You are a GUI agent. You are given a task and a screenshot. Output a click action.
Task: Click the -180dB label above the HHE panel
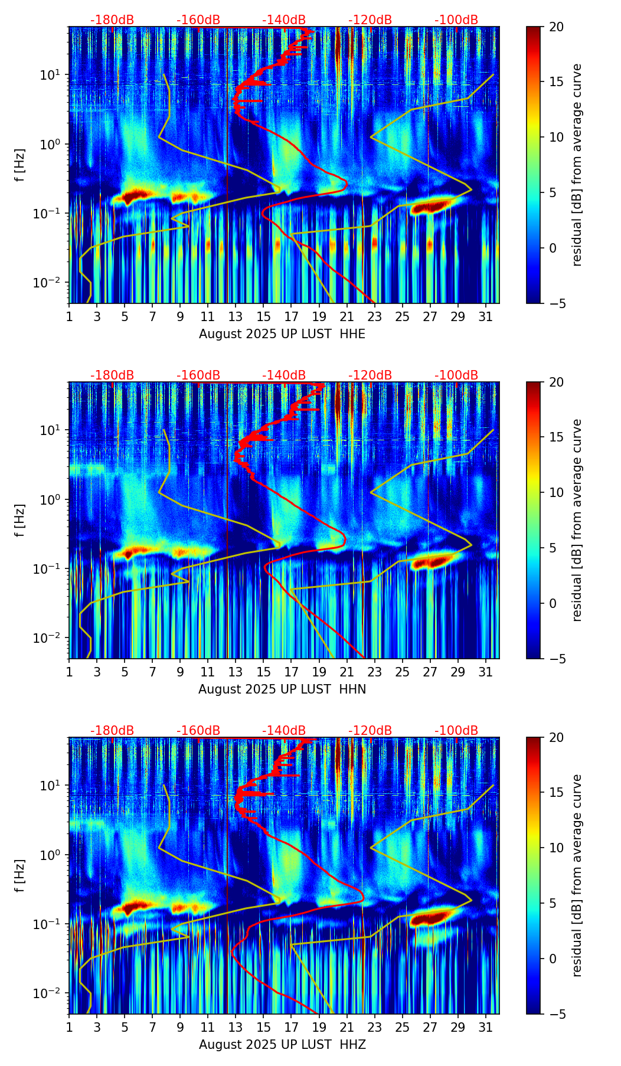click(112, 20)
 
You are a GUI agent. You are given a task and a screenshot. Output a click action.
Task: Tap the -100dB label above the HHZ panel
click(456, 731)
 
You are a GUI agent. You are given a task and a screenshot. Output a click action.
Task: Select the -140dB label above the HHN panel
click(284, 375)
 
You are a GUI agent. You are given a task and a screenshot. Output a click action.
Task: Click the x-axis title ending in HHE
click(282, 334)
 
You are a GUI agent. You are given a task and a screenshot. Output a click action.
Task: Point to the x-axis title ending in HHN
click(282, 689)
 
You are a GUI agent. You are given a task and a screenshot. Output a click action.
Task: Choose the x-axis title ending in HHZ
click(282, 1045)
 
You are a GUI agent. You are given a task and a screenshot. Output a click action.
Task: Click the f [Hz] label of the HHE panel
click(20, 165)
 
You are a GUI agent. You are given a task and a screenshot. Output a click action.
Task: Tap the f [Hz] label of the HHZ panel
click(20, 876)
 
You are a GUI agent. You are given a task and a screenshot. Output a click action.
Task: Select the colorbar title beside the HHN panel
click(577, 520)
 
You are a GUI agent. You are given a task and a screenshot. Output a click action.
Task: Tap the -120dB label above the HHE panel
click(370, 20)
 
